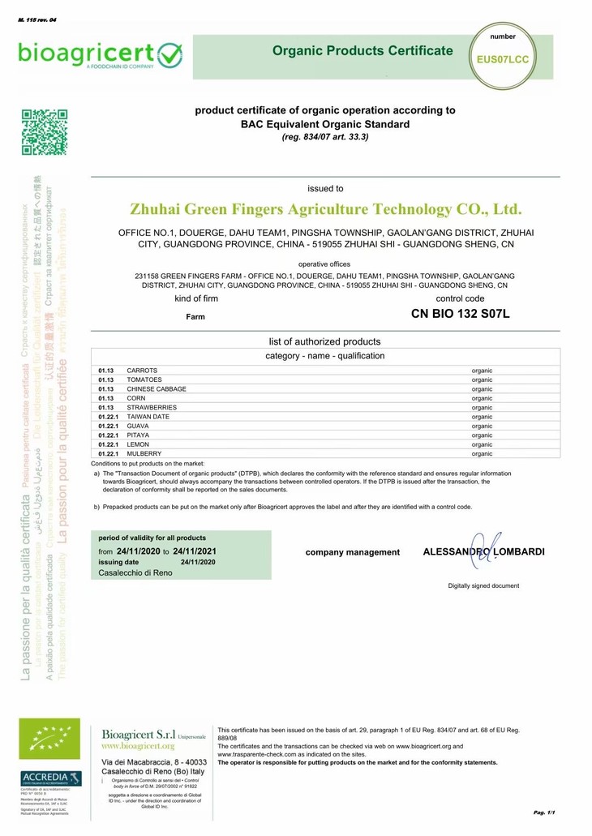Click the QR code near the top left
[44, 131]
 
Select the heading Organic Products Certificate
[362, 51]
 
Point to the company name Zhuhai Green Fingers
[325, 209]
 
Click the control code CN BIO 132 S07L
[460, 314]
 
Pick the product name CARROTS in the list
[141, 371]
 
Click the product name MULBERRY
[144, 454]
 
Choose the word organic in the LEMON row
[482, 445]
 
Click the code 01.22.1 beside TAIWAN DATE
[109, 417]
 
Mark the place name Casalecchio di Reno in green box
[135, 572]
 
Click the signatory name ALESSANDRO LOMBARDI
[483, 551]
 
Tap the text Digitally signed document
[483, 585]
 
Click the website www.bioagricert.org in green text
[138, 745]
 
